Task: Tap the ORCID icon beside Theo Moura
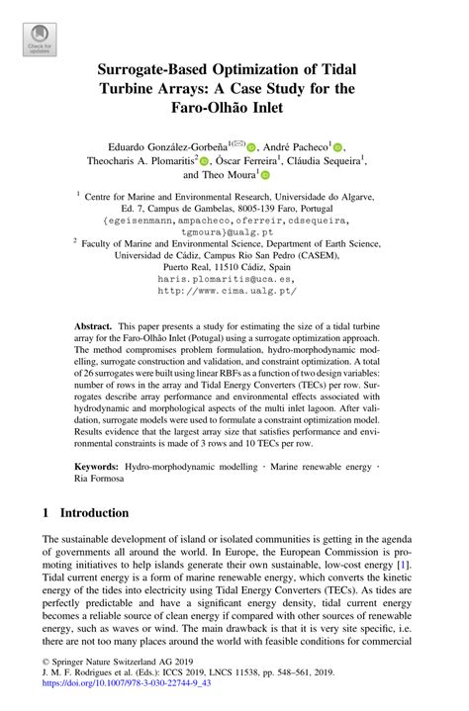264,175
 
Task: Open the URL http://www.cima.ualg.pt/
234,292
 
